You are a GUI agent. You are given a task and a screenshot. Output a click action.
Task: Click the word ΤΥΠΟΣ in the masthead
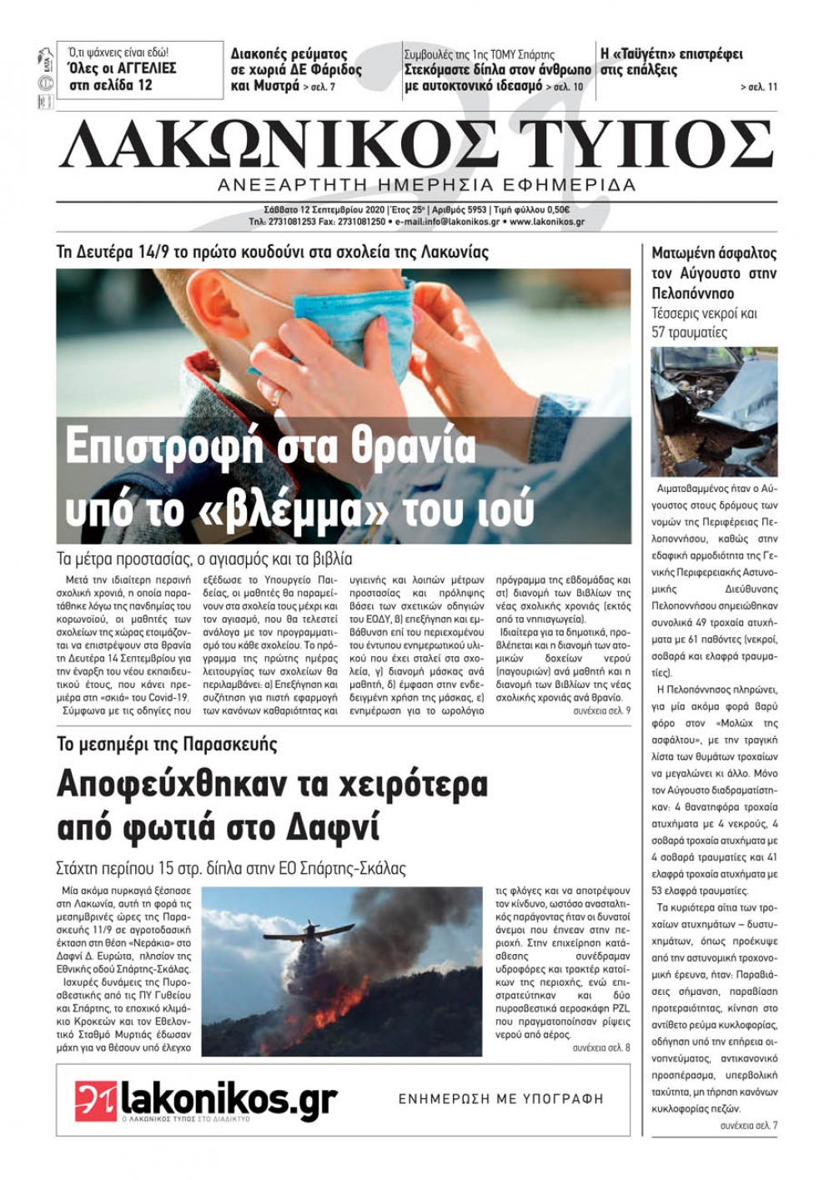click(645, 144)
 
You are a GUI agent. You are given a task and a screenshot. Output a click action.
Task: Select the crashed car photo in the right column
click(714, 411)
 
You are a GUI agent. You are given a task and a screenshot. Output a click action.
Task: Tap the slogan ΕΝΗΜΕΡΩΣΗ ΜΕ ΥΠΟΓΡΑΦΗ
click(500, 1098)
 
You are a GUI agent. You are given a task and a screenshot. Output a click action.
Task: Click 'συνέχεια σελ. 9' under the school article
click(601, 711)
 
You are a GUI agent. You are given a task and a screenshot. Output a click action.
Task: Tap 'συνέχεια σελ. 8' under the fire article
click(601, 1047)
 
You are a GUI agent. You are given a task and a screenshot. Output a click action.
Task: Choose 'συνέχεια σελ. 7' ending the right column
click(748, 1126)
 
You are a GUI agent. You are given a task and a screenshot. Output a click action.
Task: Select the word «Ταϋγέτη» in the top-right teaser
click(650, 54)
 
